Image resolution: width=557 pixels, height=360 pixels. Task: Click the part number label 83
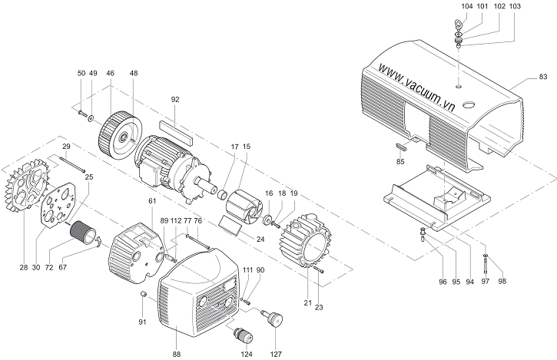(x=543, y=76)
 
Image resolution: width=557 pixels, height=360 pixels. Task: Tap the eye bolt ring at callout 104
(x=458, y=25)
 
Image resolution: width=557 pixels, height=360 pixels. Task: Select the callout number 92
(x=175, y=100)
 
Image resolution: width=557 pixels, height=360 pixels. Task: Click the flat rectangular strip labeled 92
(x=176, y=131)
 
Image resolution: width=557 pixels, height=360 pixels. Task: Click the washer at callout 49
(x=91, y=118)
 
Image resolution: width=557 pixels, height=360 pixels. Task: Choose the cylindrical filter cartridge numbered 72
(x=83, y=234)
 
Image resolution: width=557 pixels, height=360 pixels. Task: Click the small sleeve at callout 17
(x=224, y=195)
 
